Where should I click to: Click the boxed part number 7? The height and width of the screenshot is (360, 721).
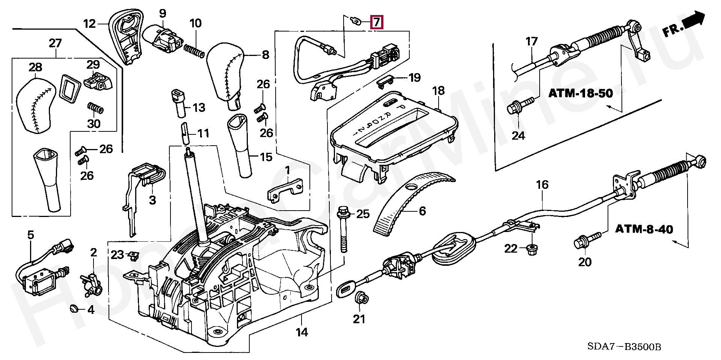tap(377, 23)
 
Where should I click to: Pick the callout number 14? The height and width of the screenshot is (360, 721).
tap(302, 332)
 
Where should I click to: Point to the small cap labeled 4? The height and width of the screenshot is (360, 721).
tap(73, 309)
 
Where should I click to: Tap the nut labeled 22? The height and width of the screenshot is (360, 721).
tap(531, 249)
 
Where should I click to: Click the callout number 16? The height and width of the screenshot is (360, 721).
tap(542, 185)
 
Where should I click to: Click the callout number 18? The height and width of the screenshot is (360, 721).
tap(438, 90)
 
